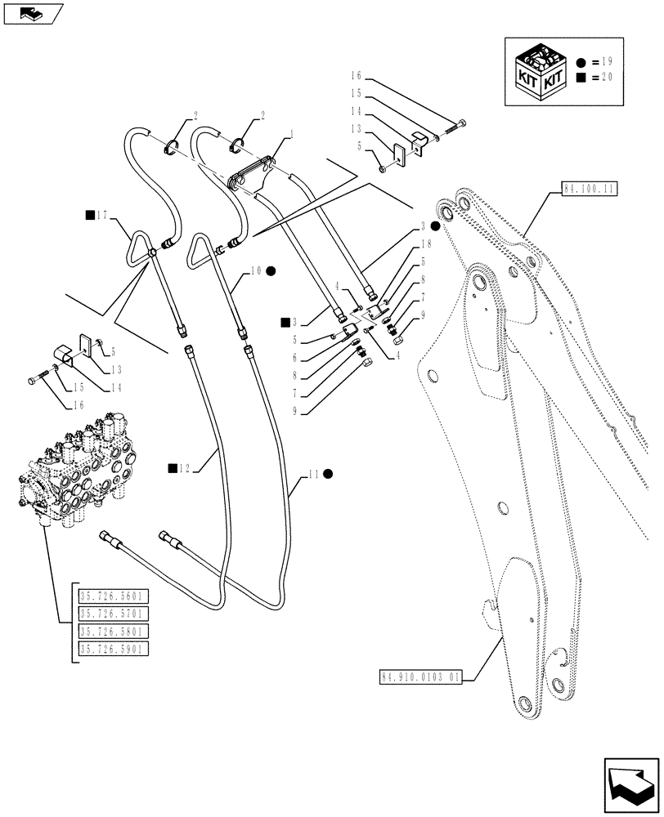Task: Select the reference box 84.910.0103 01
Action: [420, 676]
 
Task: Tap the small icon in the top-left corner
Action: [31, 13]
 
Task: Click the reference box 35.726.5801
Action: [111, 632]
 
